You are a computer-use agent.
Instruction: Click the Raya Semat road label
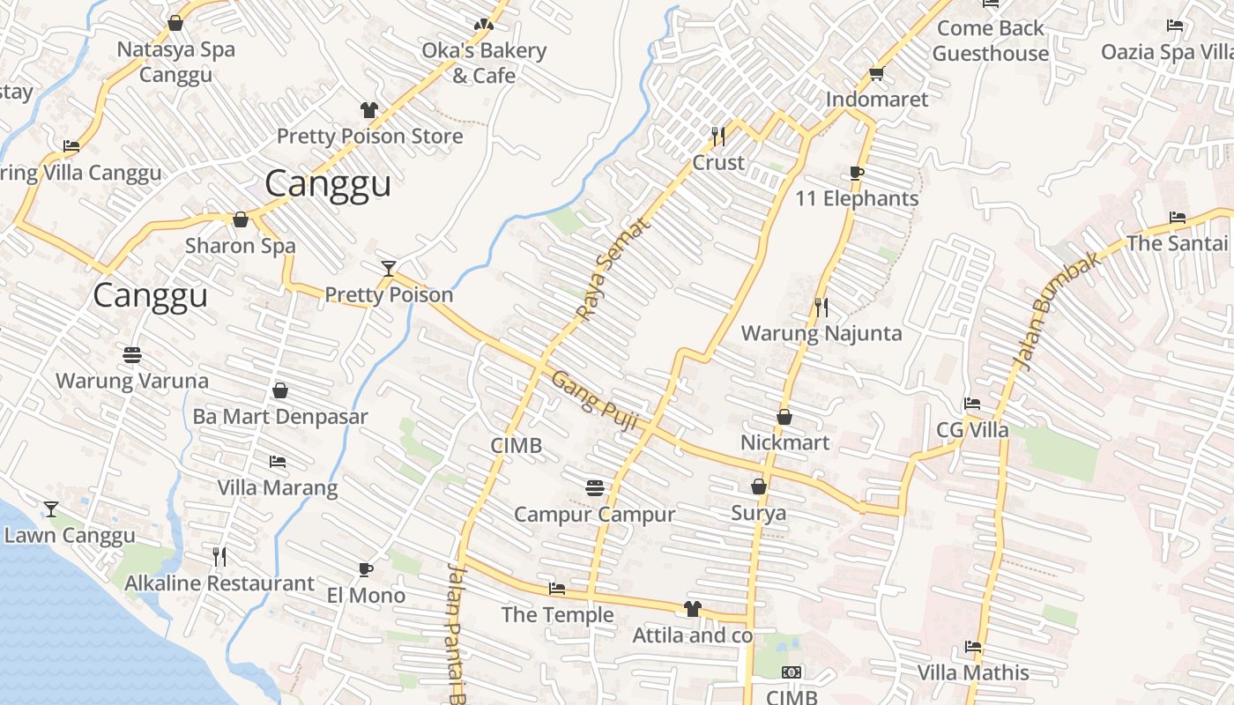point(613,269)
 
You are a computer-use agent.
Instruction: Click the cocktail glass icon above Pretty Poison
point(388,268)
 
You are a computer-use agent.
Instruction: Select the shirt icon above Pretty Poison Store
point(369,110)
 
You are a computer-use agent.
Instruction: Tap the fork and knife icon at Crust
point(718,136)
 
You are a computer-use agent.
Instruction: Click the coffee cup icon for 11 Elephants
point(857,173)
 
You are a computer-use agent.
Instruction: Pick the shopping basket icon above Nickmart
point(784,417)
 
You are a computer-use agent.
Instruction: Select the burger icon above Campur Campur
point(594,487)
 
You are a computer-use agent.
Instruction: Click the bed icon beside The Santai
point(1177,218)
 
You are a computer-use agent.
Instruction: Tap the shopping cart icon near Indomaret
point(876,73)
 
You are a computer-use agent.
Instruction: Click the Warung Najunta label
point(821,333)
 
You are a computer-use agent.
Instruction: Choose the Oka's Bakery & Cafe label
point(484,63)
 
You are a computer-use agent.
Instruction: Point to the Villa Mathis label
point(973,672)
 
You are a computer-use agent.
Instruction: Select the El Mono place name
point(366,595)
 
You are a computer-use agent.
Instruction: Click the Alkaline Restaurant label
point(219,583)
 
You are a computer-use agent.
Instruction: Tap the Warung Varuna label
point(132,381)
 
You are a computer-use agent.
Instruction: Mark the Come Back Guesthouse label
point(991,41)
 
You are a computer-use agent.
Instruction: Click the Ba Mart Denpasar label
point(280,417)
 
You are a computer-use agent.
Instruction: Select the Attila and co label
point(693,634)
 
